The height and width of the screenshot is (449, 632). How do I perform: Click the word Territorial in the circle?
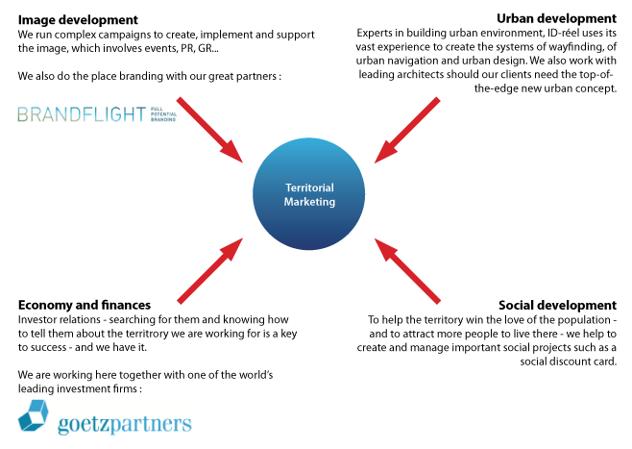[309, 187]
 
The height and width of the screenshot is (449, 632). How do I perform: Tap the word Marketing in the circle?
[309, 202]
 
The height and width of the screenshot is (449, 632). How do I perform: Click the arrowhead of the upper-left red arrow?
[235, 156]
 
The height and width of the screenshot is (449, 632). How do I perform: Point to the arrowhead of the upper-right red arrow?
[382, 156]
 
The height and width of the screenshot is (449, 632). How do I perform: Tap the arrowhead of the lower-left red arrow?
[235, 245]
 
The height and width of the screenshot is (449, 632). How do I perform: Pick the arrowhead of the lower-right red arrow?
[382, 246]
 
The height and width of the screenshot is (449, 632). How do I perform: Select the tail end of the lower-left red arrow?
[181, 300]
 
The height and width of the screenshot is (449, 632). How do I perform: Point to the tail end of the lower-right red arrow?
[437, 300]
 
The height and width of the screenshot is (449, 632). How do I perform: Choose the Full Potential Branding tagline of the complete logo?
[163, 114]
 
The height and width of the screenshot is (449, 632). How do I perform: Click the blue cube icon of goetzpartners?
[34, 415]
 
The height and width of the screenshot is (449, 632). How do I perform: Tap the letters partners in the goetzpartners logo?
[153, 423]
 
